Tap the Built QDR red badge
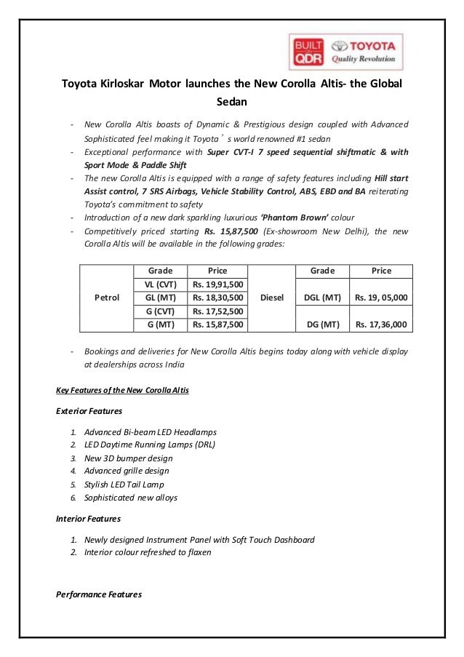click(x=306, y=52)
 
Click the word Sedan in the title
click(x=232, y=102)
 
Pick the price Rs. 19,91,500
click(x=217, y=284)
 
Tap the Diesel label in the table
click(x=271, y=298)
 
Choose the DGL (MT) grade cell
click(x=322, y=298)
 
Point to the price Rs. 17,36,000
click(x=380, y=324)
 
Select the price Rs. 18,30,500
click(x=217, y=298)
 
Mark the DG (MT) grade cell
click(x=322, y=324)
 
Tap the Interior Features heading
click(x=88, y=519)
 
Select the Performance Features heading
click(x=98, y=594)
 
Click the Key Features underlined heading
click(x=122, y=390)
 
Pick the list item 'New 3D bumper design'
click(x=128, y=458)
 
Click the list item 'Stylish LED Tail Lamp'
click(x=124, y=484)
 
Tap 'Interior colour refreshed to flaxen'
click(x=148, y=552)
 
